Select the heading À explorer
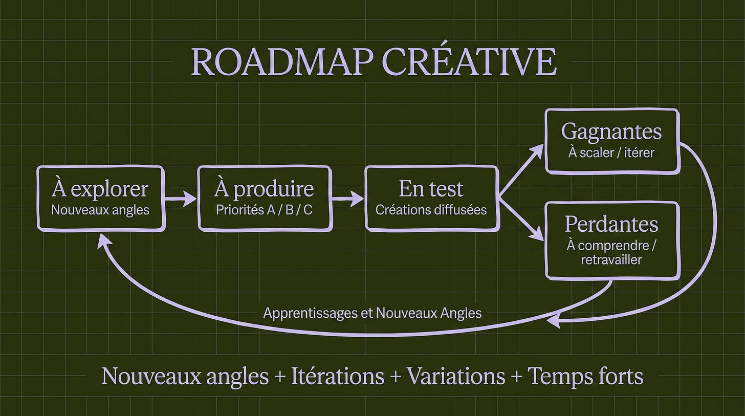[x=100, y=189]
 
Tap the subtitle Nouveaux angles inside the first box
[x=100, y=210]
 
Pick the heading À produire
[x=264, y=189]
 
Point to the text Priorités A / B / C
[x=264, y=210]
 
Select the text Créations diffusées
[x=431, y=210]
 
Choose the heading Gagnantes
[x=611, y=132]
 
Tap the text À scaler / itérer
[x=611, y=152]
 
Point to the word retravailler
[x=611, y=260]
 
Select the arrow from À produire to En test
[x=347, y=199]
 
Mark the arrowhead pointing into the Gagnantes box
[x=536, y=151]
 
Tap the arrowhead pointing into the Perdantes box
[x=536, y=234]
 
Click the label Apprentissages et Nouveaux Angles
[x=372, y=313]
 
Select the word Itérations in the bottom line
[x=338, y=376]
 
